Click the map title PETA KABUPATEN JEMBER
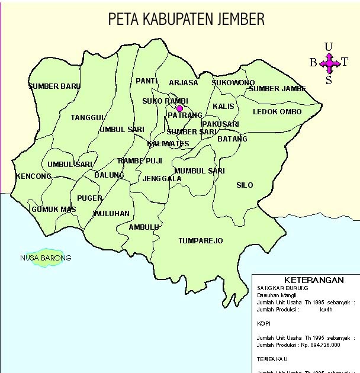(186, 20)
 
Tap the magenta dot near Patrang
(179, 108)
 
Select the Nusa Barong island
(45, 258)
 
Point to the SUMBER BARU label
(54, 86)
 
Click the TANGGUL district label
(88, 118)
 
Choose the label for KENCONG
(34, 176)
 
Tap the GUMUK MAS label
(54, 210)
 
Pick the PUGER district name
(89, 198)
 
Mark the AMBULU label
(144, 227)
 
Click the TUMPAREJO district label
(201, 241)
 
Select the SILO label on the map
(245, 185)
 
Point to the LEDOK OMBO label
(277, 112)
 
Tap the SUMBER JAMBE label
(277, 89)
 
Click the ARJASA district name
(184, 83)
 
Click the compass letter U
(329, 47)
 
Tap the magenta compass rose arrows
(329, 62)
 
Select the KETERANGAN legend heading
(306, 279)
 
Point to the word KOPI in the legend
(263, 324)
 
